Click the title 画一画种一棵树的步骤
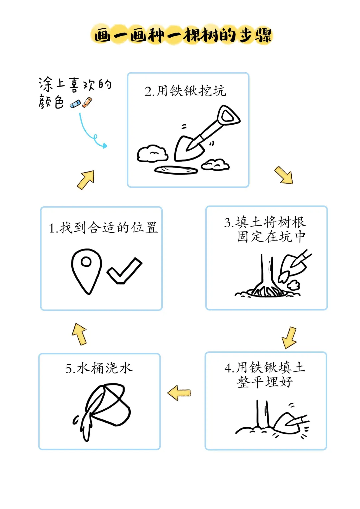pos(183,35)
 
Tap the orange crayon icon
pos(87,102)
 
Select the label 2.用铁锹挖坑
pos(185,91)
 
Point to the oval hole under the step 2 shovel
pos(176,170)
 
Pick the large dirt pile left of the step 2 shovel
pos(152,154)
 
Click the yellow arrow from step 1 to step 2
pos(86,180)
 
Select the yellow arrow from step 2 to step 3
pos(284,175)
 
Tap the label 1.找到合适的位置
pos(103,228)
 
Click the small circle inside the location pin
pos(86,262)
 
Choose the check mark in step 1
pos(124,270)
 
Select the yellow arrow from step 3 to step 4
pos(289,338)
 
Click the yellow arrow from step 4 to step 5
pos(179,393)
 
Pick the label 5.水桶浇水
pos(99,368)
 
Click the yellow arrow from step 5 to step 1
pos(79,334)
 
